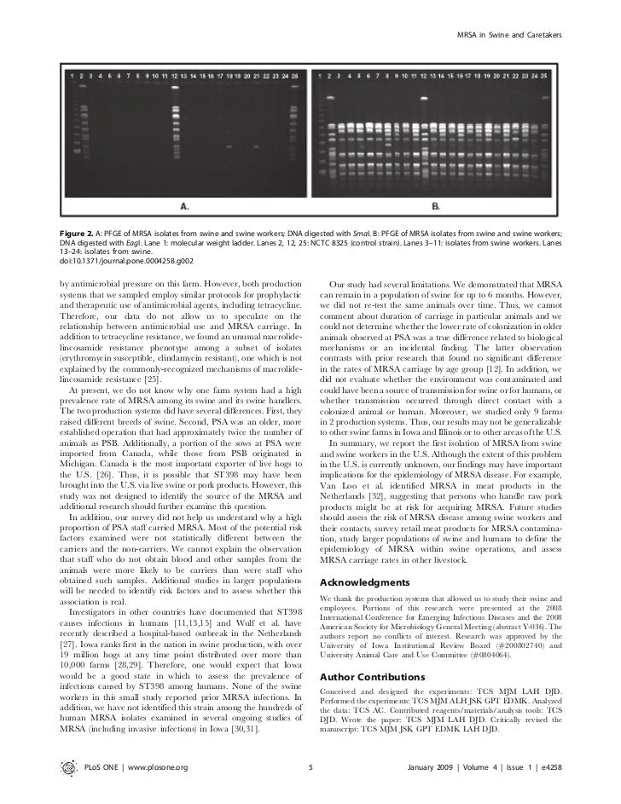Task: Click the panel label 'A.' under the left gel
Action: (183, 205)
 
